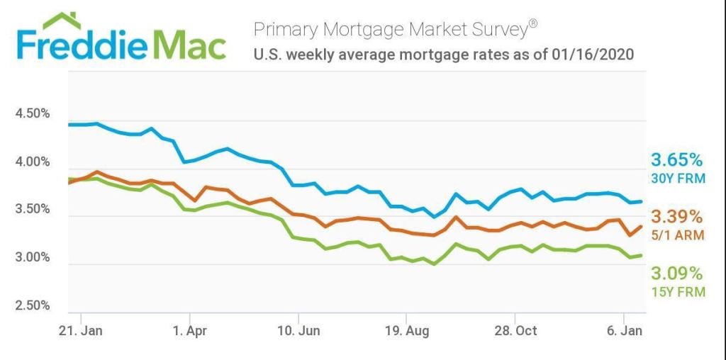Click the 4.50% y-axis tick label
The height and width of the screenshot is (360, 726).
click(33, 113)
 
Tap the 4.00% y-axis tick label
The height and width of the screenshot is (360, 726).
click(33, 162)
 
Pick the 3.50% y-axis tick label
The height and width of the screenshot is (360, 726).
click(33, 210)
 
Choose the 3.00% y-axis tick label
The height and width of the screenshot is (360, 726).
click(33, 257)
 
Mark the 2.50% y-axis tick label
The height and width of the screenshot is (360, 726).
click(33, 305)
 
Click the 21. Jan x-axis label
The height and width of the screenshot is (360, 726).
click(82, 330)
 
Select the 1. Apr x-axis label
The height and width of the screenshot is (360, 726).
click(189, 330)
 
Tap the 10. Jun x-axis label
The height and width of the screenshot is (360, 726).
click(298, 330)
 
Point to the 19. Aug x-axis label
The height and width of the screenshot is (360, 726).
click(406, 330)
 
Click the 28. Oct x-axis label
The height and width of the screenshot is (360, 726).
click(515, 330)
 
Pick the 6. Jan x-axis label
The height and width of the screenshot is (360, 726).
click(624, 330)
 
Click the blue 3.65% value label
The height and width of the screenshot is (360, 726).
click(677, 159)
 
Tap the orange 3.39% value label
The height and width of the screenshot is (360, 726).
click(677, 217)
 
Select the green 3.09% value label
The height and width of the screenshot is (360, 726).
click(677, 274)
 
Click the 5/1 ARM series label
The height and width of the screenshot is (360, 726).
click(678, 235)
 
